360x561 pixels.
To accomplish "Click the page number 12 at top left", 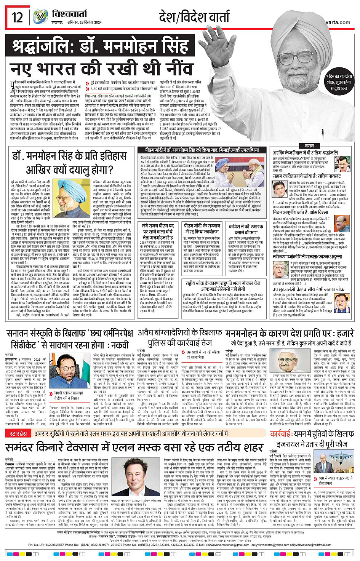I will click(18, 17).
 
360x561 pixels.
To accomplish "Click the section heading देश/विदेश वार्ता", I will click(194, 18).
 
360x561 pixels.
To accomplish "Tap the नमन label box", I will click(309, 146).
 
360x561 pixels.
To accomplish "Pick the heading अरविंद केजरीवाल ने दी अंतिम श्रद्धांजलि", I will click(305, 152).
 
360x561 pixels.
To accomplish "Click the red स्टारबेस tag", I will click(18, 433).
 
